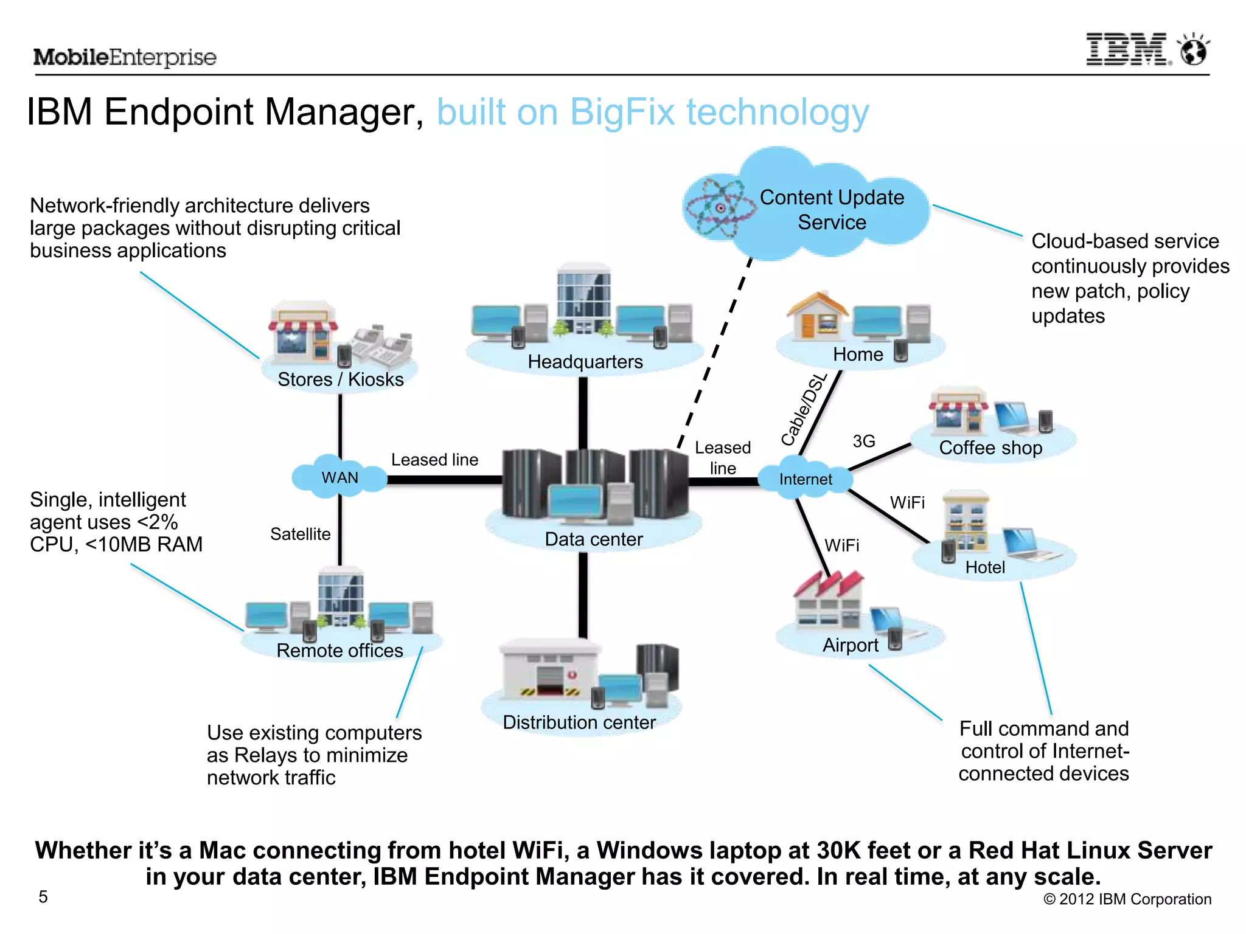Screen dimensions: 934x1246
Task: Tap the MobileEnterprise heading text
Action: [125, 57]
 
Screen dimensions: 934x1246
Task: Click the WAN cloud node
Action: [339, 477]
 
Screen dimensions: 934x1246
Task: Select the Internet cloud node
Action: [805, 479]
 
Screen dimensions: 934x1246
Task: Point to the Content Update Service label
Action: [832, 210]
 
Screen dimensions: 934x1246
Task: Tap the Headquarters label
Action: [585, 362]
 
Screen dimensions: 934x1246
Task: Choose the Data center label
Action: [593, 539]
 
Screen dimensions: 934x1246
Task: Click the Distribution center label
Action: [579, 722]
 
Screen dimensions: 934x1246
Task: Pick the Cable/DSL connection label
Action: [804, 409]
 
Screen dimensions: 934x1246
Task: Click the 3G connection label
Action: [863, 441]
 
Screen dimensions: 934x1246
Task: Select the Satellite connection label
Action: [300, 534]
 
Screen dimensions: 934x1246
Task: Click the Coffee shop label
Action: [990, 448]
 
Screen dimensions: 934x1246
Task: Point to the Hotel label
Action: [985, 567]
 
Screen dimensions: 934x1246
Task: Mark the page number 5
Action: [43, 897]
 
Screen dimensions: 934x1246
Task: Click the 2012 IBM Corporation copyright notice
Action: [1127, 899]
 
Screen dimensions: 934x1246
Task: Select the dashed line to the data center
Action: [715, 353]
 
